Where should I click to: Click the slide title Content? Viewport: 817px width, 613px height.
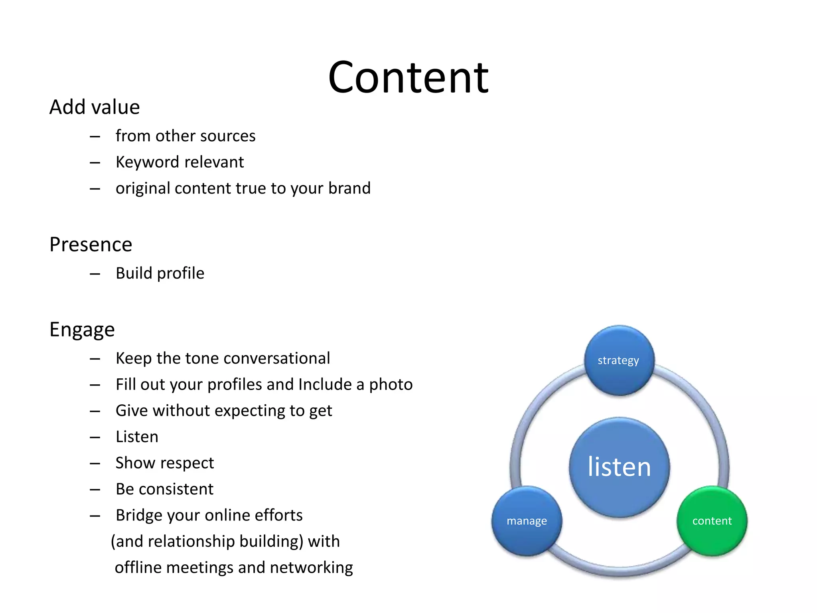[408, 77]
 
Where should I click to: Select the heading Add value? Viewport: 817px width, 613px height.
[95, 107]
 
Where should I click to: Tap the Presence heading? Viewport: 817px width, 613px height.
[91, 245]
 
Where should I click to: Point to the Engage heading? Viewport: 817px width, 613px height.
[82, 330]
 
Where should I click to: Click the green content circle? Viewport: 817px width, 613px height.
[712, 520]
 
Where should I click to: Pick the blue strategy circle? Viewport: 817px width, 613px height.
[619, 360]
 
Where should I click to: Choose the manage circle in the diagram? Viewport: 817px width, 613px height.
[527, 520]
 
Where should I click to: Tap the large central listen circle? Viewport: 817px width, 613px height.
[619, 467]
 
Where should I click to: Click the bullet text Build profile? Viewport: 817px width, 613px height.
[160, 273]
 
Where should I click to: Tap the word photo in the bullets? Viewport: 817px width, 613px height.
[391, 384]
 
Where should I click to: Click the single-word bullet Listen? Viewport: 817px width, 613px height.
[137, 437]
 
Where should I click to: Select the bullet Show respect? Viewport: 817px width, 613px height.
[165, 463]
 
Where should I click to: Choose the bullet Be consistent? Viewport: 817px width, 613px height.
[164, 489]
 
